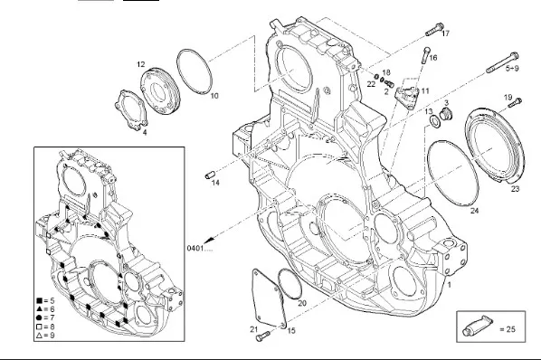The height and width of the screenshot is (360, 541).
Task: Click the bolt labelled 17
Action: [434, 30]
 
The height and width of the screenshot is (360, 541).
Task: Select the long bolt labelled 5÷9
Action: [502, 62]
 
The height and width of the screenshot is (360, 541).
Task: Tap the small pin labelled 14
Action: [210, 175]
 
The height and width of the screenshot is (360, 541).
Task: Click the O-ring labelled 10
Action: [195, 71]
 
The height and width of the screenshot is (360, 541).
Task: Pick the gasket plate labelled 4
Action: [131, 109]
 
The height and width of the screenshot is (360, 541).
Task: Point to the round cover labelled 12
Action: [160, 91]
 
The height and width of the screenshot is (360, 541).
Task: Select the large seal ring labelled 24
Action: [452, 173]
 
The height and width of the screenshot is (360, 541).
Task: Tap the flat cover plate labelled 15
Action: [270, 298]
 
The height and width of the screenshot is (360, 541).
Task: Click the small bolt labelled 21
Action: [263, 336]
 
